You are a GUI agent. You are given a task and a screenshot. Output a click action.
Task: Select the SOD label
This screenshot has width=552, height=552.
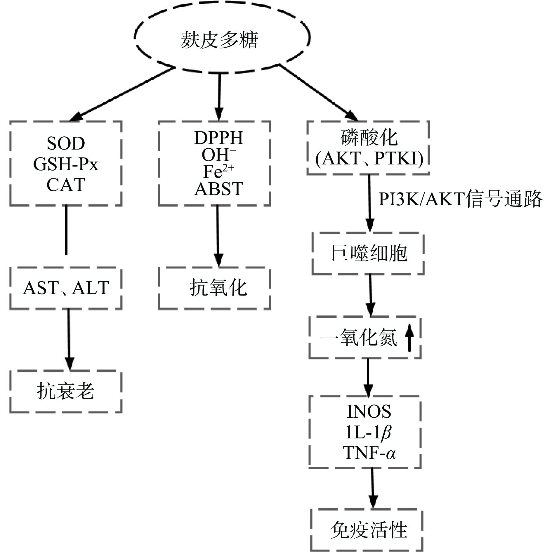pyautogui.click(x=66, y=143)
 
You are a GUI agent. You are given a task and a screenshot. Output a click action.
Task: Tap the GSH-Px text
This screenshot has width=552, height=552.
pyautogui.click(x=66, y=164)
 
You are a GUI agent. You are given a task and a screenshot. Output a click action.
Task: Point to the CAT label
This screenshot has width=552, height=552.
pyautogui.click(x=66, y=185)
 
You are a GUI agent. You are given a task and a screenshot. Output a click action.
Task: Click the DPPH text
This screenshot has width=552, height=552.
pyautogui.click(x=218, y=138)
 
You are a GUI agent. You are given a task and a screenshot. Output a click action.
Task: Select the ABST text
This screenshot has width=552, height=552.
pyautogui.click(x=218, y=189)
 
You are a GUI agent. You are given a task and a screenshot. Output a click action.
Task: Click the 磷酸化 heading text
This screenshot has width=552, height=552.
pyautogui.click(x=369, y=137)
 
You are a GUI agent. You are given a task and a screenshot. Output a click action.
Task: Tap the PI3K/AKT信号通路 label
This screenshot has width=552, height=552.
pyautogui.click(x=460, y=200)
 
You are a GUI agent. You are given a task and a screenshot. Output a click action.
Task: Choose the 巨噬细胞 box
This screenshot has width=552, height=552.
pyautogui.click(x=369, y=253)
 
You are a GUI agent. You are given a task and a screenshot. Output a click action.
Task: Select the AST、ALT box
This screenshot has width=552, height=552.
pyautogui.click(x=66, y=288)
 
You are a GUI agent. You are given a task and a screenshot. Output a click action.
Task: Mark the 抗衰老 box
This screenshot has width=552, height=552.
pyautogui.click(x=66, y=391)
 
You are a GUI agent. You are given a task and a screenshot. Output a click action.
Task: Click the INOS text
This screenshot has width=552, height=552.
pyautogui.click(x=369, y=412)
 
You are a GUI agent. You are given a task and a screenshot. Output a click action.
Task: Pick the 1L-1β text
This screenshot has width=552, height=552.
pyautogui.click(x=368, y=433)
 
